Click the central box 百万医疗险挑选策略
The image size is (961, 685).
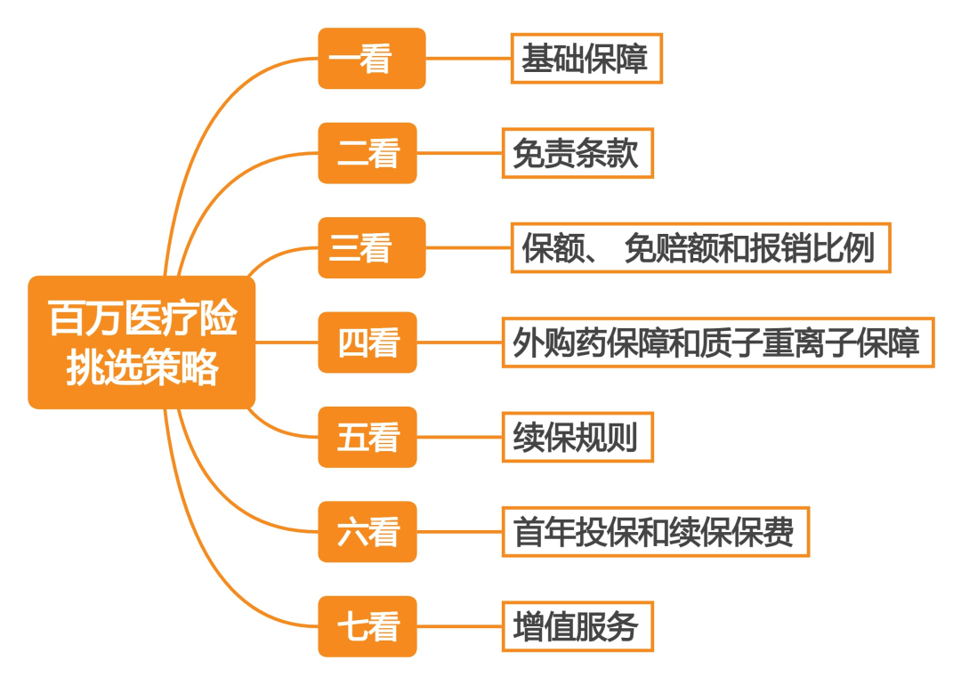click(141, 342)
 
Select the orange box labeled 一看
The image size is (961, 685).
click(371, 59)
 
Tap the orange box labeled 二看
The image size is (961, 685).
click(367, 154)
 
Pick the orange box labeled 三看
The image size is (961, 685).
click(371, 248)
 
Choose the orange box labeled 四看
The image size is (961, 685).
click(367, 342)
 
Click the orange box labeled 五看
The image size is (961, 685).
click(367, 438)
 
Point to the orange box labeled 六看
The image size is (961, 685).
click(367, 532)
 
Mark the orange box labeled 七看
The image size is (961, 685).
click(367, 627)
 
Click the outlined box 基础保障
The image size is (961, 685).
click(586, 59)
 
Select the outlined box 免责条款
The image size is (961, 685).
click(577, 154)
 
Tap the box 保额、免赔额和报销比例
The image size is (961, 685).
click(700, 248)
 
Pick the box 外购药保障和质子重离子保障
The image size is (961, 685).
click(717, 342)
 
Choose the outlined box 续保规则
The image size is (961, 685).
click(577, 438)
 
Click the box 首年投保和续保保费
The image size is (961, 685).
click(655, 532)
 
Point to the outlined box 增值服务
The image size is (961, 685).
click(577, 627)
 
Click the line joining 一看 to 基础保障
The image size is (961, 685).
click(468, 59)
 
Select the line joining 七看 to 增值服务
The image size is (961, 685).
click(459, 627)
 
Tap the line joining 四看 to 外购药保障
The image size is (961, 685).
click(459, 342)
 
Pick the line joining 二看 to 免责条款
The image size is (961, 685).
click(459, 154)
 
